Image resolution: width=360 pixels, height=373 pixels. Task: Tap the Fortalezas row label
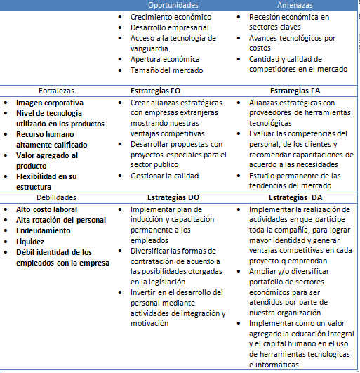pos(56,91)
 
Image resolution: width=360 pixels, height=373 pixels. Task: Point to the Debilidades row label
pos(55,198)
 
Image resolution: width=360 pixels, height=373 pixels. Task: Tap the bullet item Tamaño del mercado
pos(167,70)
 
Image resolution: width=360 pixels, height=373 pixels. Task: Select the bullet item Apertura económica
pos(165,59)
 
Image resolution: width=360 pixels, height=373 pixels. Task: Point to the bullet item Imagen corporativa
pos(50,103)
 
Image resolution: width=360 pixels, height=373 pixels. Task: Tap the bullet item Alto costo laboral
pos(47,209)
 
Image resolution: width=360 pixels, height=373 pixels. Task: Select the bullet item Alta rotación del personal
pos(61,220)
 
